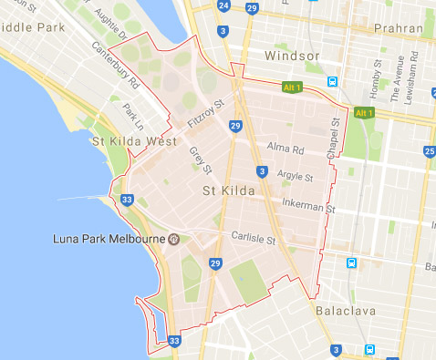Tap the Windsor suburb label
[x=293, y=57]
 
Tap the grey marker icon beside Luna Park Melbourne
[x=172, y=239]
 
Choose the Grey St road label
[x=200, y=160]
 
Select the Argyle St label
[x=295, y=177]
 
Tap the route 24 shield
[x=223, y=5]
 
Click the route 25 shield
[x=429, y=150]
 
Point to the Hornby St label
[x=376, y=77]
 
